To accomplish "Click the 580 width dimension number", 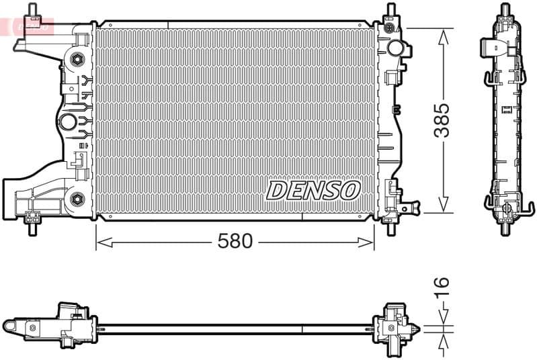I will [x=235, y=240].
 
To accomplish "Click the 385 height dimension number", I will [x=442, y=120].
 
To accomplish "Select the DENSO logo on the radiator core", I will [x=313, y=190].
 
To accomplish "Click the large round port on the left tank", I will [x=69, y=122].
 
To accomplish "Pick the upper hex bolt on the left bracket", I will [x=77, y=59].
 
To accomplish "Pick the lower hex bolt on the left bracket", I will [x=77, y=199].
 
